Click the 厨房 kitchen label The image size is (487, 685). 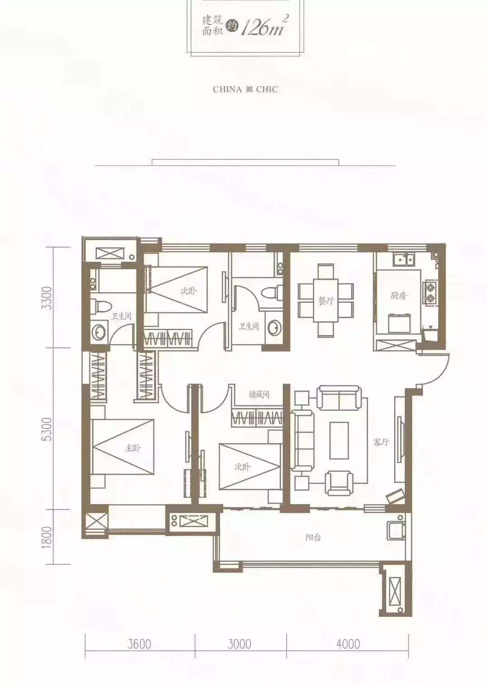(x=398, y=296)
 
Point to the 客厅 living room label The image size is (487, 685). (x=381, y=442)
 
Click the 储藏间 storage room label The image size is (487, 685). (x=259, y=394)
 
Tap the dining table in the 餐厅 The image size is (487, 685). (x=325, y=300)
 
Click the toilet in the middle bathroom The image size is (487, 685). (x=272, y=292)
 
